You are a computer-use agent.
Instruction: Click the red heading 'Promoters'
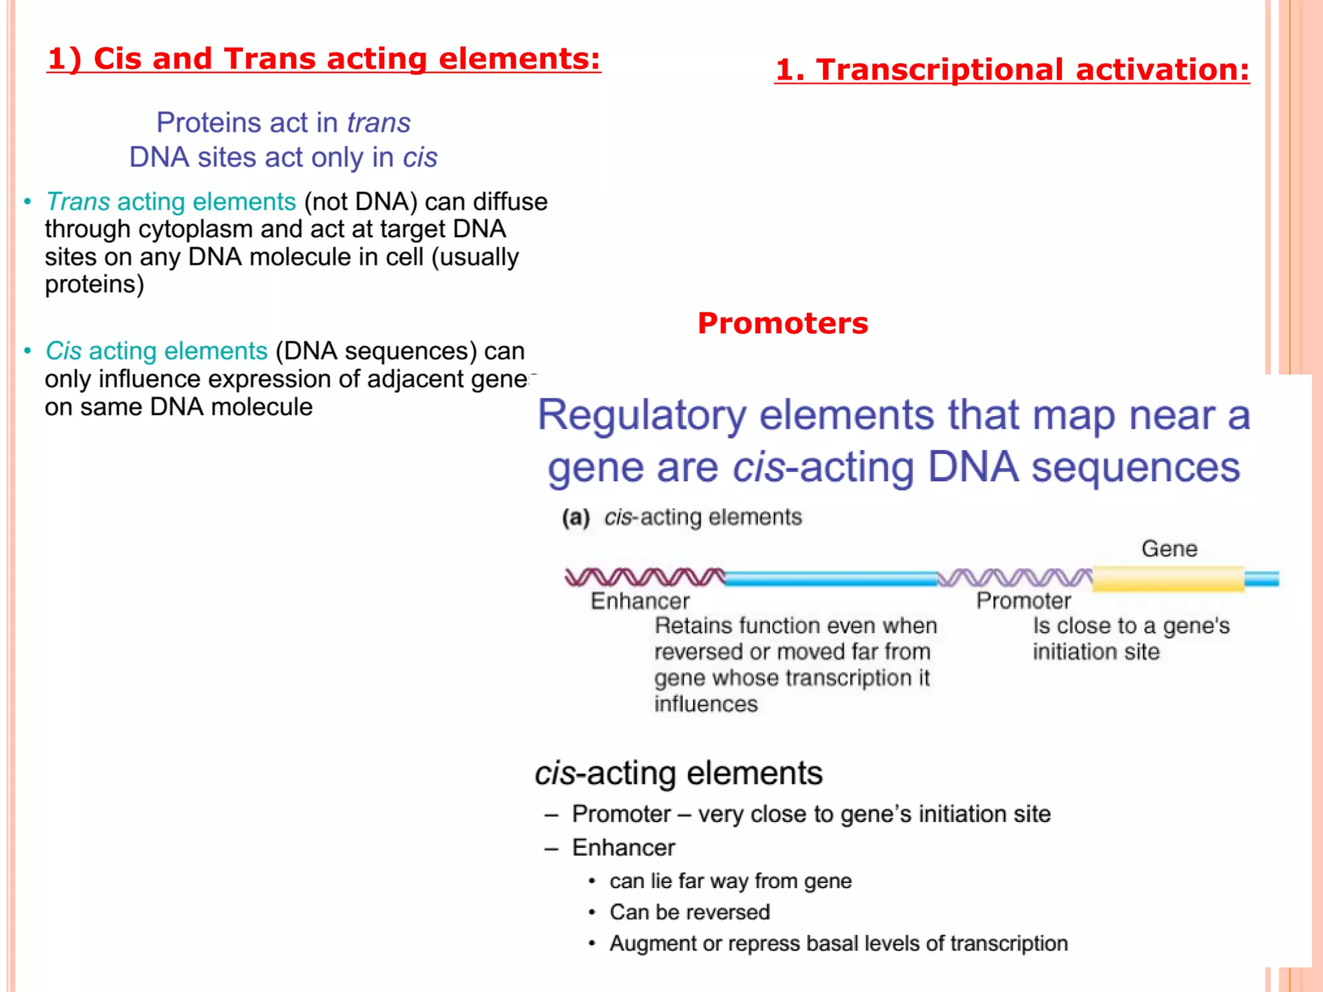tap(782, 323)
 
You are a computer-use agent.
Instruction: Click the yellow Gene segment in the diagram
tap(1168, 579)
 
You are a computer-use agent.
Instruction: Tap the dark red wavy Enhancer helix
tap(644, 577)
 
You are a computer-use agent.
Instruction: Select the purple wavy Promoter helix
tap(1014, 577)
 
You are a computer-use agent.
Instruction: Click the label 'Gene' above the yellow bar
tap(1169, 549)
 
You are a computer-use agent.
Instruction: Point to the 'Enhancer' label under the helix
tap(640, 601)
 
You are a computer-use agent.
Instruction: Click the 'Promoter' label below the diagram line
tap(1023, 601)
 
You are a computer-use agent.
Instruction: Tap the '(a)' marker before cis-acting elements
tap(576, 517)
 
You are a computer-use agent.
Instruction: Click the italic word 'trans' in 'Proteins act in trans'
tap(379, 123)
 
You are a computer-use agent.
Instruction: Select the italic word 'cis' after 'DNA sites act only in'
tap(420, 158)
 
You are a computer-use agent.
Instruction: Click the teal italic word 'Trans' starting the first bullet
tap(78, 201)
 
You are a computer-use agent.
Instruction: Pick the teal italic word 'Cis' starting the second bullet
tap(63, 351)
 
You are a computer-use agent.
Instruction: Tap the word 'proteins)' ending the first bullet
tap(94, 284)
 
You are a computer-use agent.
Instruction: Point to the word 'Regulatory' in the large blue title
tap(642, 415)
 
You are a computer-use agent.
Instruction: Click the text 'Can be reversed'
tap(689, 912)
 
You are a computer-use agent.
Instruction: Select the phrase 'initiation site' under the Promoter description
tap(1096, 652)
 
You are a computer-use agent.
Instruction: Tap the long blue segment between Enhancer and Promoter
tap(831, 579)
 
